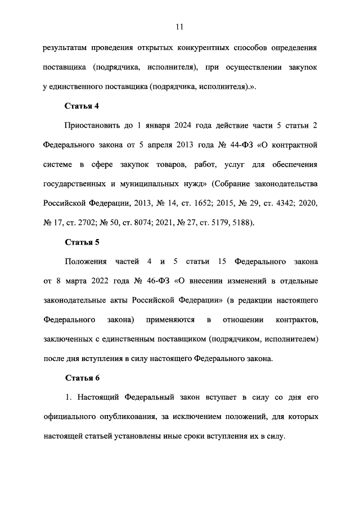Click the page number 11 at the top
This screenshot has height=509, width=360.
[180, 26]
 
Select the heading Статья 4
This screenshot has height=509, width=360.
[83, 105]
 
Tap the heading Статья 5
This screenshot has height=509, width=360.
[83, 242]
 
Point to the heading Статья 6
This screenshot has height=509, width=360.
[83, 377]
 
